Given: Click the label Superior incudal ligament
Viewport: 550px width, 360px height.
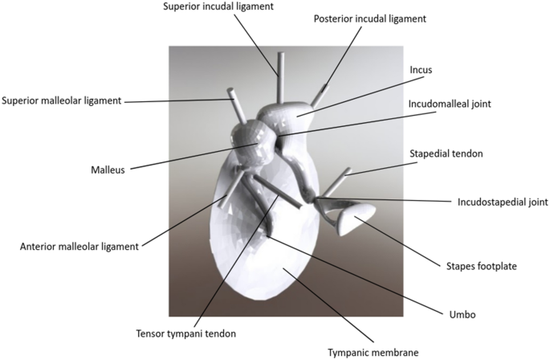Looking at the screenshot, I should point(218,7).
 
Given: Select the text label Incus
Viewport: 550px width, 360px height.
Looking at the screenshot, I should point(420,71).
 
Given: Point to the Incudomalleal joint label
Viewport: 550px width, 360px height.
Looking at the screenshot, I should point(450,104).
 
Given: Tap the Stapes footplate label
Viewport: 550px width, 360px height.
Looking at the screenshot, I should point(480,265).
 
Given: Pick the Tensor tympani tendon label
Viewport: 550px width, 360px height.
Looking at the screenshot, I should point(186,333).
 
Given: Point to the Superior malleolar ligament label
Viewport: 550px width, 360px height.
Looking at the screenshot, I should point(62,101).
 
